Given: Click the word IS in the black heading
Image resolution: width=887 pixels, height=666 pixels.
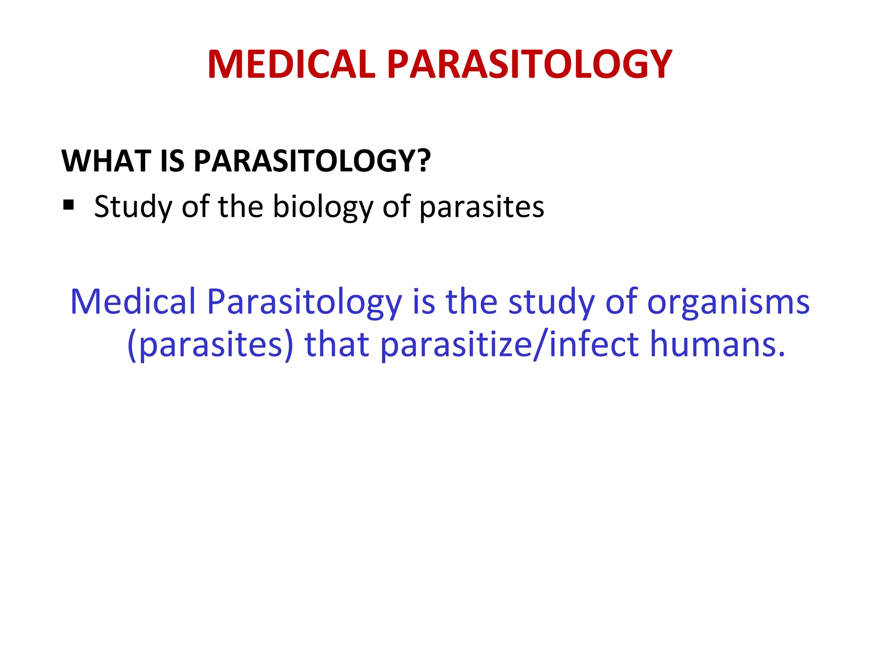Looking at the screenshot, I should coord(172,161).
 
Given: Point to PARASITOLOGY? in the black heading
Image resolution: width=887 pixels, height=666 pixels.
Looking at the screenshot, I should coord(312,161).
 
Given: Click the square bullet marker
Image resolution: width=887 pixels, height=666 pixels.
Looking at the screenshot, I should coord(68,204).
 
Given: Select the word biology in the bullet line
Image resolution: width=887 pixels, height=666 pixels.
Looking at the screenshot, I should coord(323,207).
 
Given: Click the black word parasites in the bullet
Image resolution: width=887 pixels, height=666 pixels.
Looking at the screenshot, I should coord(482,207).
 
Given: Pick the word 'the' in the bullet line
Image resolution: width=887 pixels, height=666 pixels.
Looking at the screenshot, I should coord(240,207).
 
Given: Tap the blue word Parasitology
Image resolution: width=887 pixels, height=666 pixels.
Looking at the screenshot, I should coord(304,302).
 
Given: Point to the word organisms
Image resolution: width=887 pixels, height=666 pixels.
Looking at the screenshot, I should coord(728,302).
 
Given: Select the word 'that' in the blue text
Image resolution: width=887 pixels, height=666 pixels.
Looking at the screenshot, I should coord(337,344).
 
